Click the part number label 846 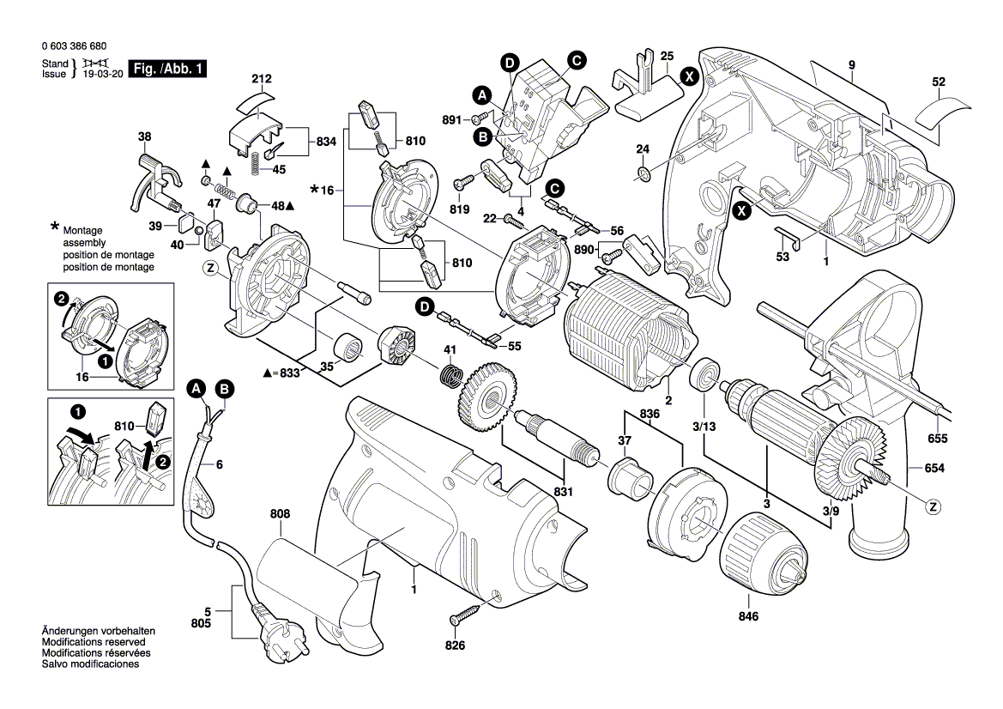click(x=748, y=616)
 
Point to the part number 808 click(x=280, y=514)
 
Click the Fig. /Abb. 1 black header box click(x=168, y=69)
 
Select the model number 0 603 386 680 click(x=74, y=46)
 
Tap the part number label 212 click(x=261, y=79)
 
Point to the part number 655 click(x=937, y=439)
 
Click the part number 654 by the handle click(x=934, y=469)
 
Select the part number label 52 click(x=939, y=82)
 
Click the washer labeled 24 click(x=643, y=173)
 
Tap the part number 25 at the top click(x=668, y=57)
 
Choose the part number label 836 click(x=650, y=414)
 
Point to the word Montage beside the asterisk click(x=82, y=230)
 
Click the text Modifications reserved click(x=94, y=642)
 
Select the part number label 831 click(x=564, y=492)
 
